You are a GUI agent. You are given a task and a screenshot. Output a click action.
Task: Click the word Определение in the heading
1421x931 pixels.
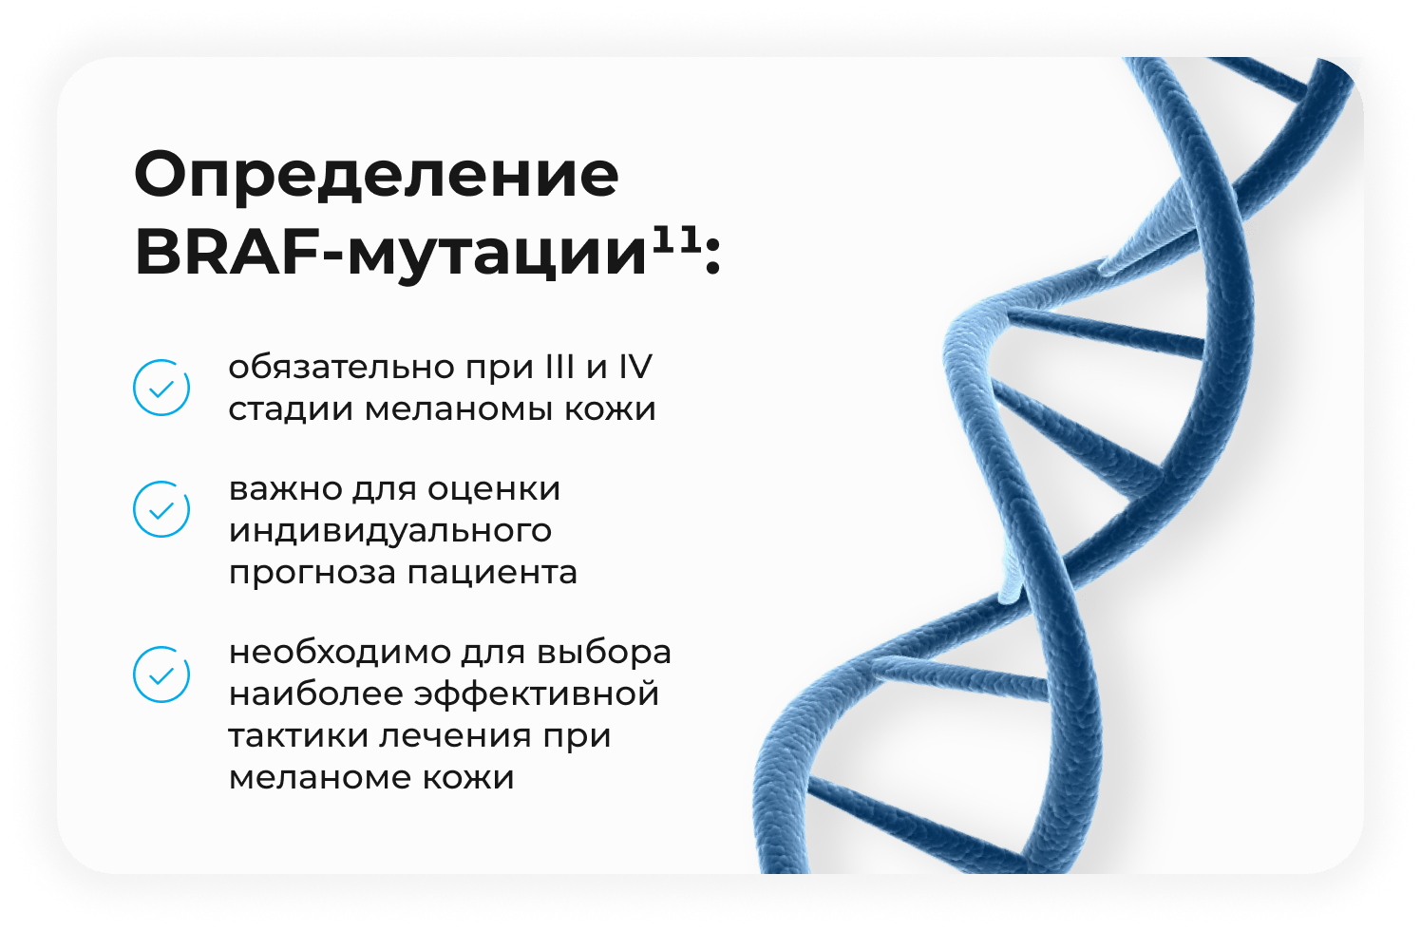[377, 175]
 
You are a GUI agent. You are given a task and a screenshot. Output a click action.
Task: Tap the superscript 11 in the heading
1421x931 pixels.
[676, 242]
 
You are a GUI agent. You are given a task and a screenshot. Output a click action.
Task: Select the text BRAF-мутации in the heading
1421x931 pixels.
[390, 255]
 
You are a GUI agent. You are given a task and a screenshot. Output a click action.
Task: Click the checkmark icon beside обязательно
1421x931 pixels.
[161, 388]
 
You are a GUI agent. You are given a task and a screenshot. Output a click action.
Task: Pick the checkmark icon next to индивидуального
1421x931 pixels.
[161, 509]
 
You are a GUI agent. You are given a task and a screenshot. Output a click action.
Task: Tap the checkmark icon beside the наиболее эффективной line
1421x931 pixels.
[161, 674]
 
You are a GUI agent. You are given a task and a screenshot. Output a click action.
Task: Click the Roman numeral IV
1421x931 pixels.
[635, 367]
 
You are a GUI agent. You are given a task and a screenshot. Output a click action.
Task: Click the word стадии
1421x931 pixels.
[290, 408]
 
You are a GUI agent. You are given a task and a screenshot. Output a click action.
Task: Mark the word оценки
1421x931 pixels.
[494, 489]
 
